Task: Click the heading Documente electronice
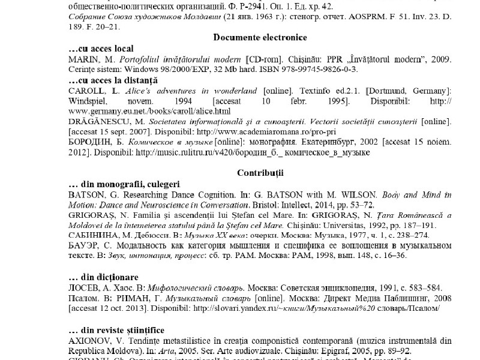[260, 37]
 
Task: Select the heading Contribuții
[260, 172]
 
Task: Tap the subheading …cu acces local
[101, 49]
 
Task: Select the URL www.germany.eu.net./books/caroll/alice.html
[149, 111]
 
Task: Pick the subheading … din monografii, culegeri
[124, 184]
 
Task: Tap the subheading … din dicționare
[104, 277]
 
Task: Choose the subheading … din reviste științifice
[116, 329]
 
